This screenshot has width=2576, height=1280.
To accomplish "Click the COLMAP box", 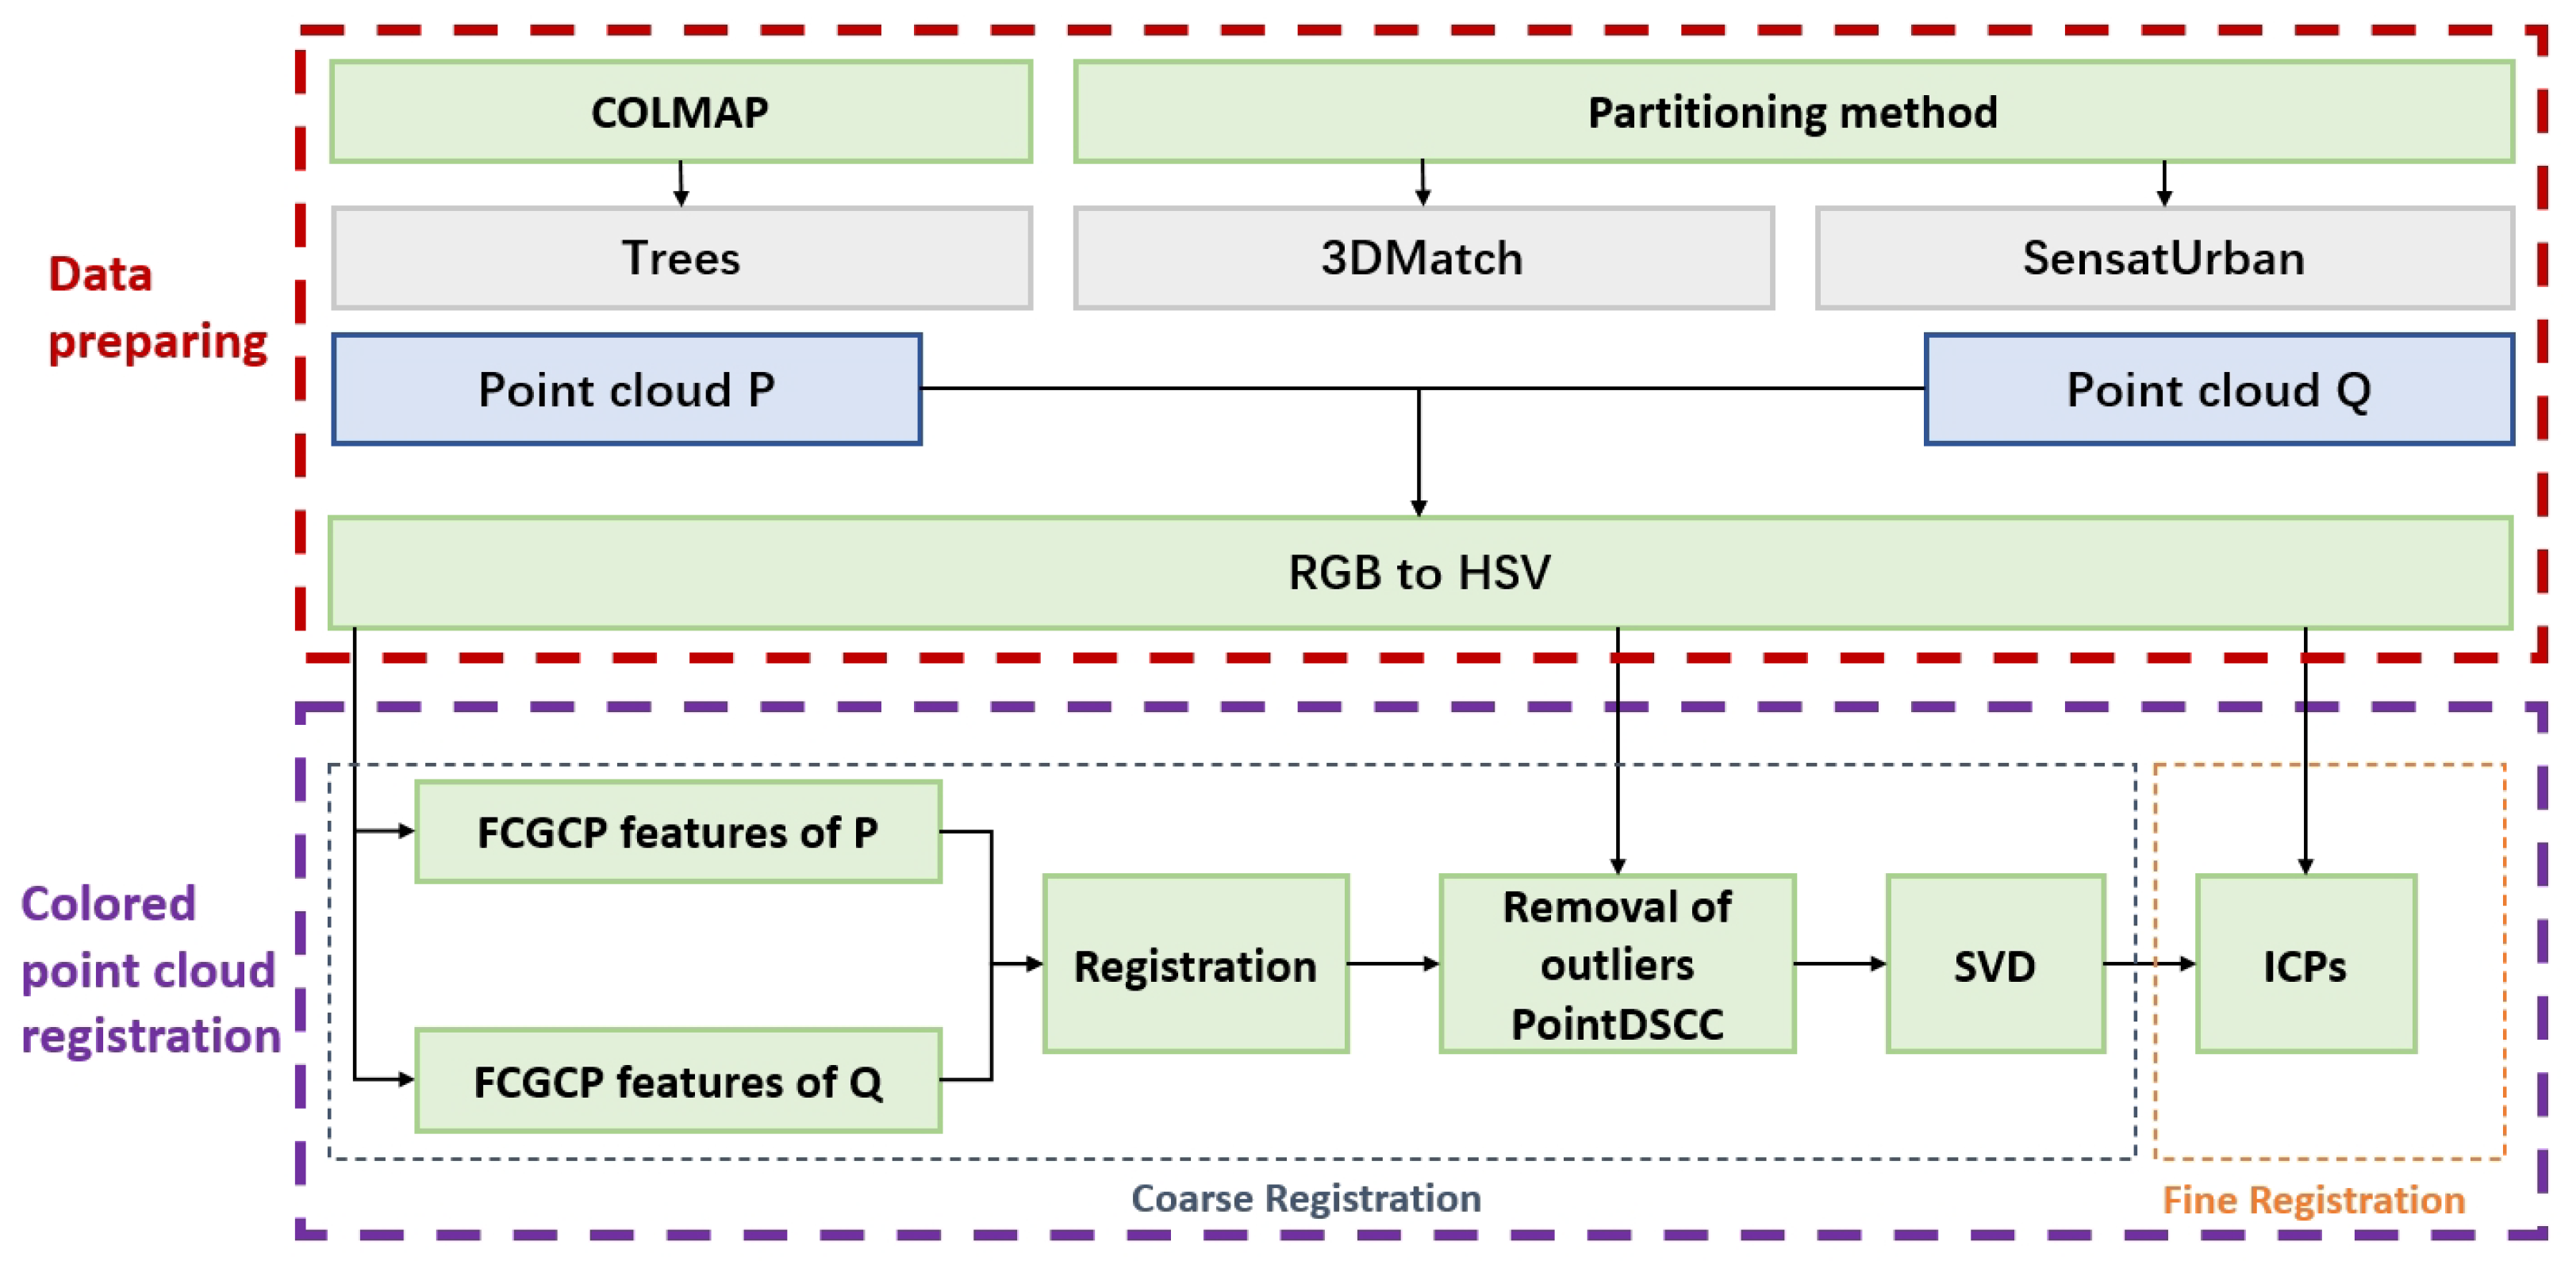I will click(680, 112).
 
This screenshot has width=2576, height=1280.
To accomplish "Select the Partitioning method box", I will click(1792, 112).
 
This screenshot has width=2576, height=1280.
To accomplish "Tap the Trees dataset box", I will click(680, 258).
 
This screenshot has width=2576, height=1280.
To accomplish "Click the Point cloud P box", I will click(626, 389).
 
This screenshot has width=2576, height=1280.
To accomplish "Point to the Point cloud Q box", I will click(2218, 389).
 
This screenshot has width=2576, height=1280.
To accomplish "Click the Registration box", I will click(1194, 965).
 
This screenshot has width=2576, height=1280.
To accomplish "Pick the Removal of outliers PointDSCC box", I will click(1616, 965).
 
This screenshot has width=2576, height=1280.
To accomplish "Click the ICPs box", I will click(2304, 965).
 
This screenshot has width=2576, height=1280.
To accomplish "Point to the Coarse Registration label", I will click(1305, 1198).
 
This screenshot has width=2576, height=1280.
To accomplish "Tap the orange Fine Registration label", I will click(2313, 1200).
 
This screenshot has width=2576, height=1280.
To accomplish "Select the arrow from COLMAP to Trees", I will click(681, 184).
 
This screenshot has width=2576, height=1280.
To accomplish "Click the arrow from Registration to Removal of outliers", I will click(1393, 964).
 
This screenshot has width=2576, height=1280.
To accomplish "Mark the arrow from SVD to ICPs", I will click(2150, 964).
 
